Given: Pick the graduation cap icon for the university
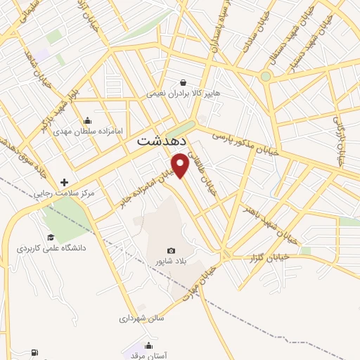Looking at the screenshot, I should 51,237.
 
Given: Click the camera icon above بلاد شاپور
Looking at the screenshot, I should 171,250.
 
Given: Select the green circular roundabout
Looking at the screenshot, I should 265,76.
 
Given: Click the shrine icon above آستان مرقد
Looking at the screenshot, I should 148,345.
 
